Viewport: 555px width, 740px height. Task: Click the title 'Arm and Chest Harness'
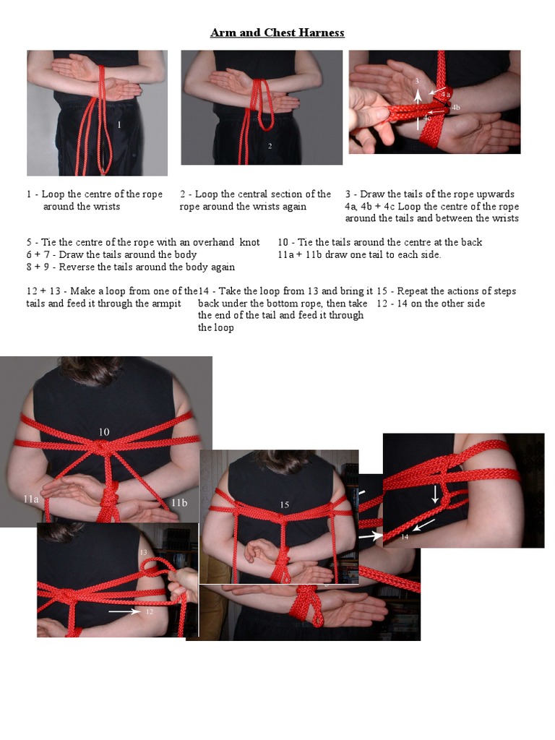tap(277, 33)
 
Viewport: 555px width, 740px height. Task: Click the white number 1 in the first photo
tap(119, 124)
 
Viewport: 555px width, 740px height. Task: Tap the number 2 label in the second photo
tap(270, 146)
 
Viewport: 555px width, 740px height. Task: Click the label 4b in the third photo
tap(455, 108)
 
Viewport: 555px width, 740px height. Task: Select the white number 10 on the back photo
tap(104, 431)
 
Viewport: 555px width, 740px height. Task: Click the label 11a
tap(31, 499)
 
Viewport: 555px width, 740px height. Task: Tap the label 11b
tap(179, 503)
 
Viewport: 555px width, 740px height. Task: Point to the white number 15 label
tap(284, 505)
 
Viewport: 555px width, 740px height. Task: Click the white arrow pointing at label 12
tap(124, 611)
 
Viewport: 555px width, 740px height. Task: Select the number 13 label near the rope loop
tap(144, 552)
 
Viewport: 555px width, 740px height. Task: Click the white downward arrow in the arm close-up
tap(435, 494)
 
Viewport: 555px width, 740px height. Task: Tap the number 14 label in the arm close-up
tap(405, 537)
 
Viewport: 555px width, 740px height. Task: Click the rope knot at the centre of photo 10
tap(100, 447)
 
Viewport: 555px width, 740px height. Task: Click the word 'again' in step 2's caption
tap(295, 207)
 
